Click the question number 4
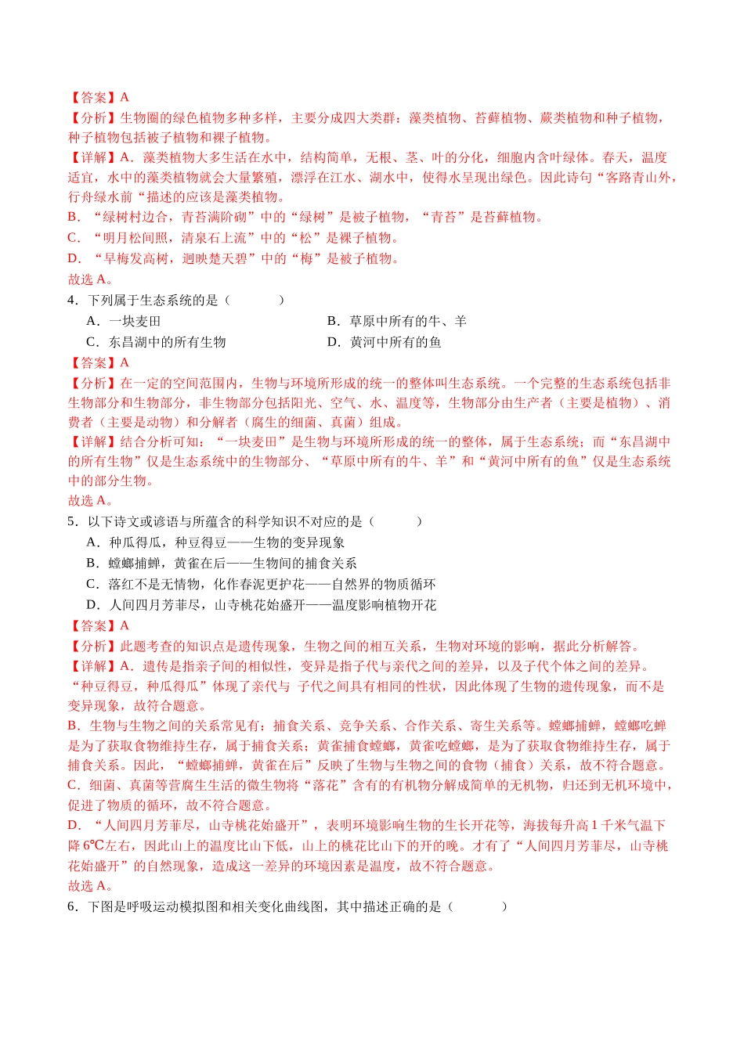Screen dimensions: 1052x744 (x=72, y=301)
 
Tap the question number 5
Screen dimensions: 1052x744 (x=72, y=522)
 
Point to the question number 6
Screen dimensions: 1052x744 (x=72, y=906)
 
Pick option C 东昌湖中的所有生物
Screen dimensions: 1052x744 (x=156, y=342)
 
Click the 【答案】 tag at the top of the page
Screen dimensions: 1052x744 (x=92, y=98)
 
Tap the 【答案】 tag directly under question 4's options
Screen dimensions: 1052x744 (x=92, y=363)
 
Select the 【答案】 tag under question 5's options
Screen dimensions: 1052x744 (x=92, y=626)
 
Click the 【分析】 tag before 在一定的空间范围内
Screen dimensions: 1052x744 (x=92, y=384)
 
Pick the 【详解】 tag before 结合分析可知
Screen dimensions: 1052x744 (x=92, y=442)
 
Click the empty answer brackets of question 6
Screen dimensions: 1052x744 (x=478, y=906)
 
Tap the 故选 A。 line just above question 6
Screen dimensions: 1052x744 (x=90, y=886)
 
